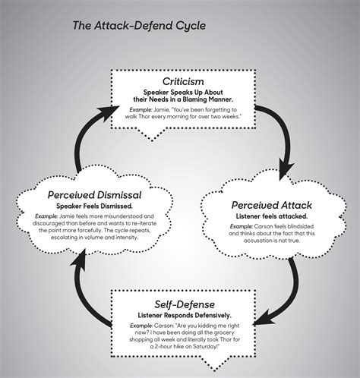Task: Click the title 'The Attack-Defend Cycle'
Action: pos(139,26)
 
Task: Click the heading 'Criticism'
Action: pos(183,81)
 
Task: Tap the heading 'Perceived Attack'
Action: pos(272,205)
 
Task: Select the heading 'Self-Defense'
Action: pos(185,304)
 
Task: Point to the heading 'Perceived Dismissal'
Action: pos(94,195)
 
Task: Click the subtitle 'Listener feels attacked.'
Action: pos(272,216)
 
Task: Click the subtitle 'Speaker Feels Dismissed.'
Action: pos(94,206)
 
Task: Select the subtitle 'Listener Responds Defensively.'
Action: pos(185,316)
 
